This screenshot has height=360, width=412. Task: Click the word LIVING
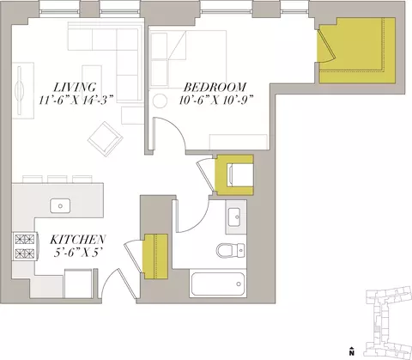pos(76,87)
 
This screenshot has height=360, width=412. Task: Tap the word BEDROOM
pos(215,87)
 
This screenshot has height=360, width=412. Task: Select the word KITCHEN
pos(78,240)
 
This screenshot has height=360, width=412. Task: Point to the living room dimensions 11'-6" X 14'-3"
pos(76,101)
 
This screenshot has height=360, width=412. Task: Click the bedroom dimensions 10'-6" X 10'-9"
pos(216,101)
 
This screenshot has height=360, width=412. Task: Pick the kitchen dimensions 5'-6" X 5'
pos(78,253)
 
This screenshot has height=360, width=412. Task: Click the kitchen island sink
pos(60,206)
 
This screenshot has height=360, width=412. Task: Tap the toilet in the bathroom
pos(231,250)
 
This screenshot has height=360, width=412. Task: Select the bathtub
pos(218,284)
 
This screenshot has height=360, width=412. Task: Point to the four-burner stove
pos(25,247)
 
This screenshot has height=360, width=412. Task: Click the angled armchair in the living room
pos(106,139)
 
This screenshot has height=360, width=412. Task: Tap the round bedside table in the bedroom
pos(160,101)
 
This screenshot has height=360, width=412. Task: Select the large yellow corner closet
pos(357,51)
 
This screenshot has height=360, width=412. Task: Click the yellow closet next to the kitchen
pos(155,256)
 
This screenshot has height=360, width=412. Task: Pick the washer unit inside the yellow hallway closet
pos(240,174)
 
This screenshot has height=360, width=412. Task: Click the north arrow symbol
pos(352,351)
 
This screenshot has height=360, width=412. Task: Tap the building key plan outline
pos(387,322)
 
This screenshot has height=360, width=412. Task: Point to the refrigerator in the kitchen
pos(78,284)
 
